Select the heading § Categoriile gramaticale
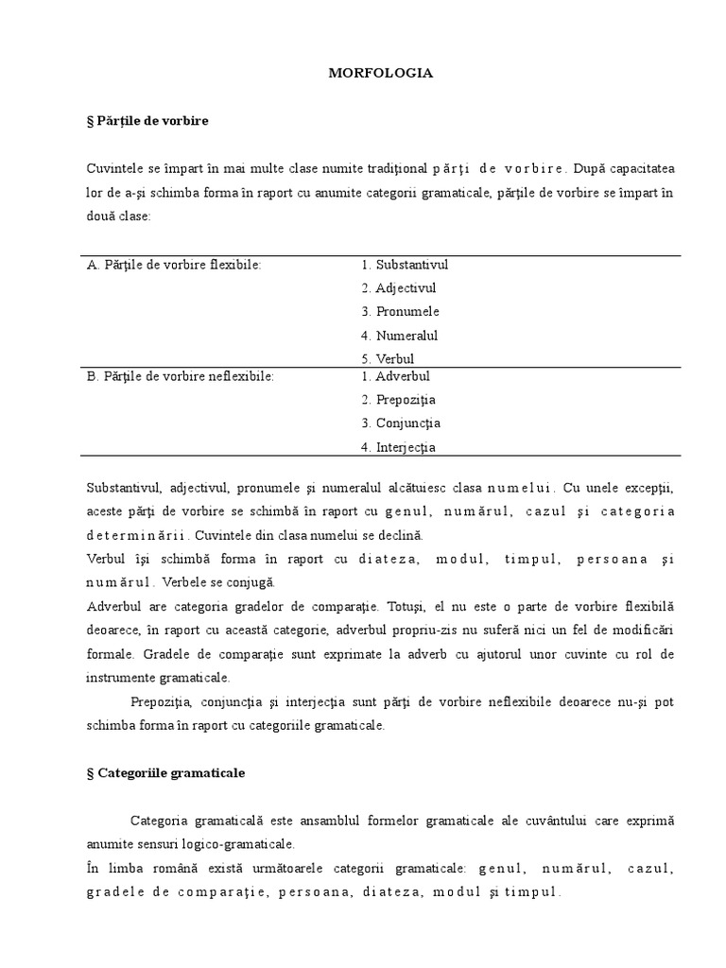pos(165,772)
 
